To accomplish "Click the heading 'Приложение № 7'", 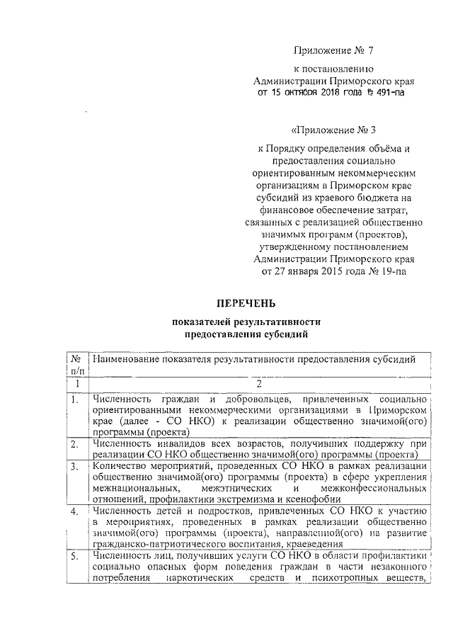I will (332, 50).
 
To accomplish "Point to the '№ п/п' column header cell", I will (76, 365).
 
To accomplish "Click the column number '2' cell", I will (259, 384).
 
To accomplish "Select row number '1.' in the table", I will (75, 399).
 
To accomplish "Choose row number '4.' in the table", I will (75, 511).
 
